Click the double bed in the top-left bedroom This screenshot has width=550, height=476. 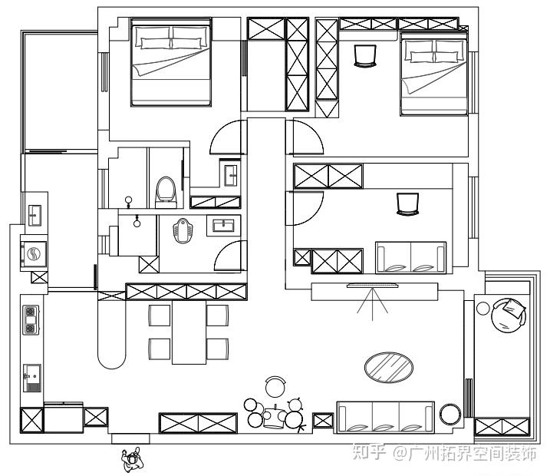(171, 62)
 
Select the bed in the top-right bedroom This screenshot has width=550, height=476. (433, 74)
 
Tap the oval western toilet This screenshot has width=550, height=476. (166, 193)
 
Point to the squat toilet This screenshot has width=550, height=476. (183, 230)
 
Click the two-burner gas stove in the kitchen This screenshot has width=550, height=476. (31, 319)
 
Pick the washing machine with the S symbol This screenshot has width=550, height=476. (34, 253)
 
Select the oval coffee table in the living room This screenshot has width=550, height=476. (389, 367)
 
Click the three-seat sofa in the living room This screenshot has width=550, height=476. (385, 417)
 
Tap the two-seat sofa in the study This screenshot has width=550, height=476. (410, 257)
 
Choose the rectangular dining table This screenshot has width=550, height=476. (189, 332)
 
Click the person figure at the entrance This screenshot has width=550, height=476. (132, 459)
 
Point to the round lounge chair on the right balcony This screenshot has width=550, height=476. (509, 315)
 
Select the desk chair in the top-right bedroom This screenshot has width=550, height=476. (365, 55)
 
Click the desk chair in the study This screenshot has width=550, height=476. (407, 203)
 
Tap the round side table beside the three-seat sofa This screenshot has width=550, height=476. (450, 415)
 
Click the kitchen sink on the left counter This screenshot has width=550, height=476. (32, 378)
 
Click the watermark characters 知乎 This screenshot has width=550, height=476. (369, 452)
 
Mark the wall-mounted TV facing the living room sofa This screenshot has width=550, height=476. (373, 286)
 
